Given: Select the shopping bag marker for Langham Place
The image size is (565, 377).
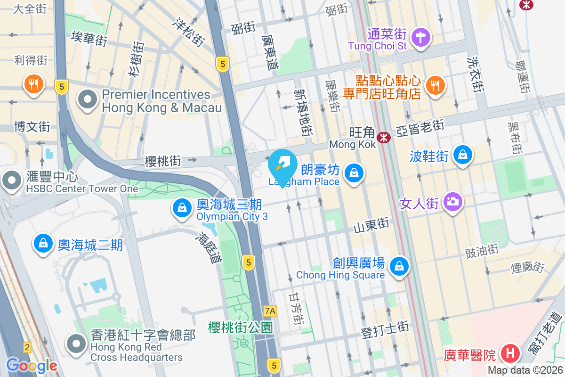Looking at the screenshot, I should [353, 173].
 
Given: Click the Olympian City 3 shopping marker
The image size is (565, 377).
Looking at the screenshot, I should [181, 208].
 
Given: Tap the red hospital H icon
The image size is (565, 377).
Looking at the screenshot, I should [510, 352].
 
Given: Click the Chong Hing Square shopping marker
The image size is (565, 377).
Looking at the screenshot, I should [399, 265].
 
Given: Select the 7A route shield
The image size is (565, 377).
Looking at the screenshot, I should [270, 311].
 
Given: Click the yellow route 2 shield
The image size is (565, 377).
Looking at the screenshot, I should [27, 347].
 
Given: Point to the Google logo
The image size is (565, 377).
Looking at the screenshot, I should [32, 365].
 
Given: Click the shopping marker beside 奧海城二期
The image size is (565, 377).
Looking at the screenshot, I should [43, 244].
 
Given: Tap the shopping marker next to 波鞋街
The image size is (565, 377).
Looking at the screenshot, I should [463, 155].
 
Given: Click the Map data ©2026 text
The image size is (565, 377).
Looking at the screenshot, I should [525, 370].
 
